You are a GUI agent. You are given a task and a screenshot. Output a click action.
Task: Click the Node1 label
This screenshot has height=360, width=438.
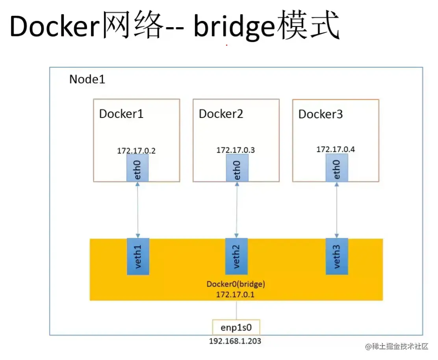[x=87, y=79]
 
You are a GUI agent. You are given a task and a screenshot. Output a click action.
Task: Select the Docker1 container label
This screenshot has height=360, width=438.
[x=121, y=114]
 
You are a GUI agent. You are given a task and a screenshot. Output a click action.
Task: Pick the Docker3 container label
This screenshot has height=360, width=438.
[x=320, y=114]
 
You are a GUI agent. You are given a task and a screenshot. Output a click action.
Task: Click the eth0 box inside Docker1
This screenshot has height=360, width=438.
[x=137, y=168]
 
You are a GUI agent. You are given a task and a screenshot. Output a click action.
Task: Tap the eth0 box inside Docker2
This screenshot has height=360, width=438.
[x=237, y=168]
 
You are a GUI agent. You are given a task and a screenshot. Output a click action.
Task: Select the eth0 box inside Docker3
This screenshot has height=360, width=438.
[x=337, y=168]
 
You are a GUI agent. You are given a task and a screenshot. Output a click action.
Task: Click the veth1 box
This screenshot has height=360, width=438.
[x=137, y=256]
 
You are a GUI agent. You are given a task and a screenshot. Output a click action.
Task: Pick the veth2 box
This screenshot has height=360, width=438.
[x=236, y=256]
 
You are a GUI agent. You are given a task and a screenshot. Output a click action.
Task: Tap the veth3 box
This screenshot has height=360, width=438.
[x=337, y=256]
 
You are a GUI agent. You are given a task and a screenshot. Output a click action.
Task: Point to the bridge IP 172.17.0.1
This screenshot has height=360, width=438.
[x=236, y=294]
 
